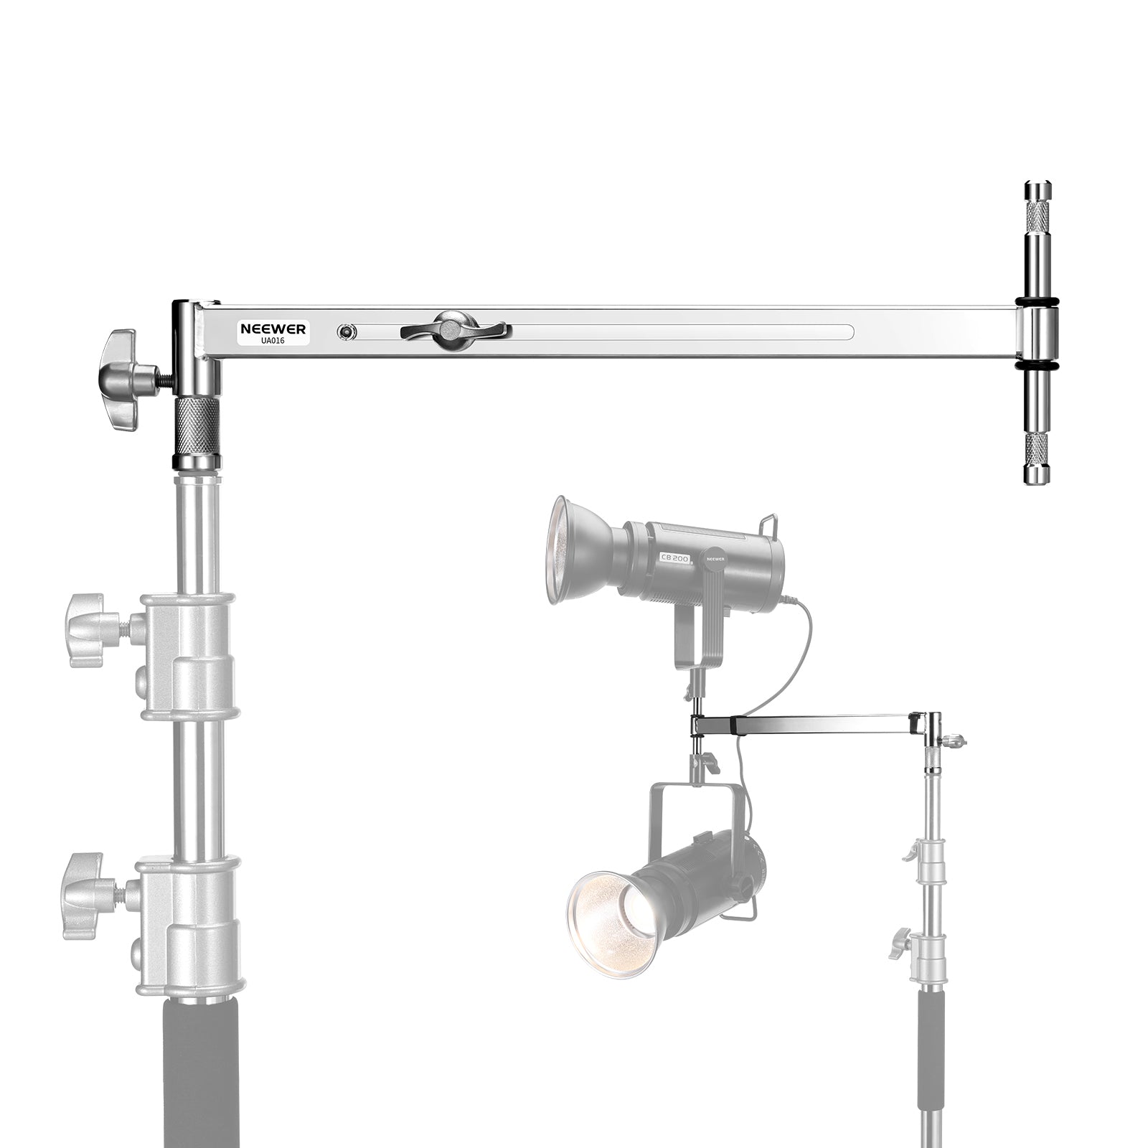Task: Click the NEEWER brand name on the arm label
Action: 273,329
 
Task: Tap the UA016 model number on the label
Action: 273,341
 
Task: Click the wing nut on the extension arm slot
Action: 453,331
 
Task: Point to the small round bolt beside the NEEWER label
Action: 347,331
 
